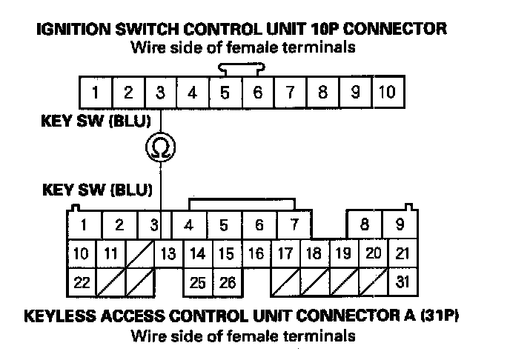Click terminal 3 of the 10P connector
pos(160,93)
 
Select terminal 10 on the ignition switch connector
pos(387,93)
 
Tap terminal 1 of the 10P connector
pos(96,93)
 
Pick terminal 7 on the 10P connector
pos(290,93)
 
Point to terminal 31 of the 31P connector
pos(403,282)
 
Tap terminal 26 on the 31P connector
pos(228,282)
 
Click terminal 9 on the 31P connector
pos(400,224)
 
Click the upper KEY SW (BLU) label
pos(96,121)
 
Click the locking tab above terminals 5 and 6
pos(241,68)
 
